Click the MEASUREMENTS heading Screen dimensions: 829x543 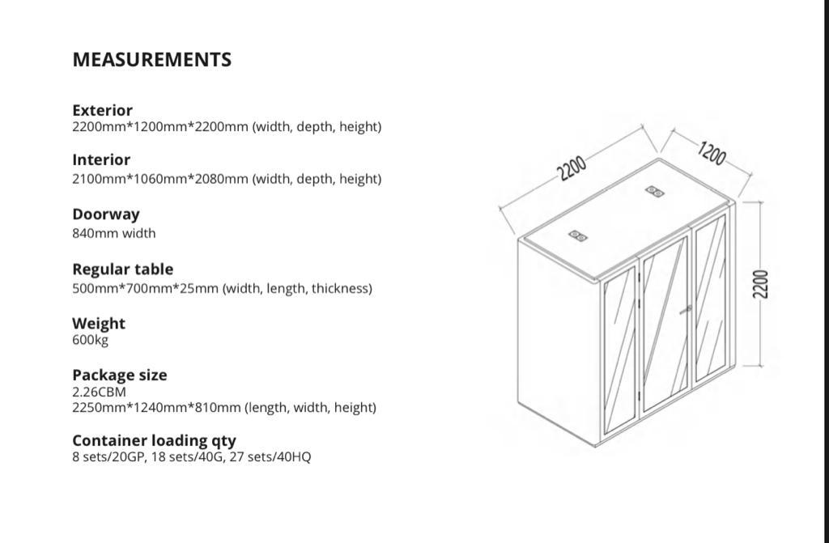[151, 60]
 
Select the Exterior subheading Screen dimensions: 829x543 [102, 110]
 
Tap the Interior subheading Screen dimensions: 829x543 [101, 159]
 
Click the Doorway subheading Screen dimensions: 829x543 [106, 214]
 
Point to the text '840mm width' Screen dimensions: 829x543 [113, 233]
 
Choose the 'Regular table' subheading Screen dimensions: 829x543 [123, 269]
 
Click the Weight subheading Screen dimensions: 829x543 [98, 324]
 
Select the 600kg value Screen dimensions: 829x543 [90, 340]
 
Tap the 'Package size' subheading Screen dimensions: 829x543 [120, 375]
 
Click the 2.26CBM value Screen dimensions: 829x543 [99, 392]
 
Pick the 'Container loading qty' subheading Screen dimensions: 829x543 [154, 440]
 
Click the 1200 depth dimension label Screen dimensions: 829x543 [711, 153]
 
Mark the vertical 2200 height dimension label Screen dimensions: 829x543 [759, 284]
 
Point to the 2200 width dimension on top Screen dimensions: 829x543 [572, 168]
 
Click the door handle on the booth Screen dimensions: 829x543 [686, 309]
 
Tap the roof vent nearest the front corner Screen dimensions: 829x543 [577, 235]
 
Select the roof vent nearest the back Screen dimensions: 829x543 [654, 192]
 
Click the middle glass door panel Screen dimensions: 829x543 [665, 325]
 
